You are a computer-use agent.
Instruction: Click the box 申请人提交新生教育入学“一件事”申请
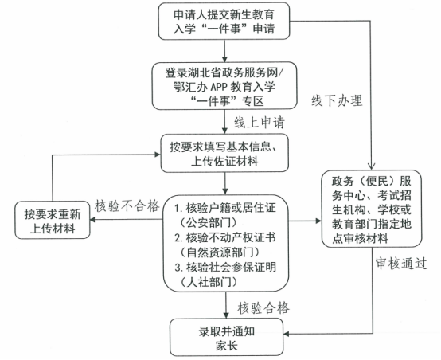pyautogui.click(x=224, y=22)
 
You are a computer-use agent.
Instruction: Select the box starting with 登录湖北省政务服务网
pyautogui.click(x=224, y=86)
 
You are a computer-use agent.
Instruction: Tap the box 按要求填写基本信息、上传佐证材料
pyautogui.click(x=224, y=153)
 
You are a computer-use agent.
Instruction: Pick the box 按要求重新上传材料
pyautogui.click(x=53, y=220)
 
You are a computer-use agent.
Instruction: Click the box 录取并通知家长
pyautogui.click(x=226, y=337)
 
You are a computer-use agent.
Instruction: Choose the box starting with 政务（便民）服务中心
pyautogui.click(x=372, y=209)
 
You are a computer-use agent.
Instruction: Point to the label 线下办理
pyautogui.click(x=337, y=100)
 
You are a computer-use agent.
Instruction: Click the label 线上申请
pyautogui.click(x=260, y=123)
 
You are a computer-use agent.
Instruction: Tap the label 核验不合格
pyautogui.click(x=127, y=206)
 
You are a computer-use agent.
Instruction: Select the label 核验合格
pyautogui.click(x=263, y=307)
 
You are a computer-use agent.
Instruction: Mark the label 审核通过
pyautogui.click(x=401, y=264)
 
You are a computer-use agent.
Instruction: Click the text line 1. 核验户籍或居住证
pyautogui.click(x=225, y=208)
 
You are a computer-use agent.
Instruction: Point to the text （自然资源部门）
pyautogui.click(x=220, y=252)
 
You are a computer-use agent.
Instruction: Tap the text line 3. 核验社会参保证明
pyautogui.click(x=225, y=267)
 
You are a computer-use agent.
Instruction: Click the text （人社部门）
pyautogui.click(x=209, y=282)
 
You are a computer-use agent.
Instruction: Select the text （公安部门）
pyautogui.click(x=209, y=223)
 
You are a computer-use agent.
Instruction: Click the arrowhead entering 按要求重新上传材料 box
pyautogui.click(x=92, y=220)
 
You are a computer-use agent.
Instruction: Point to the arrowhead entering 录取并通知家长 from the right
pyautogui.click(x=287, y=334)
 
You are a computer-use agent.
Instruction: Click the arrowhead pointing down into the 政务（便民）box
pyautogui.click(x=371, y=166)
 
